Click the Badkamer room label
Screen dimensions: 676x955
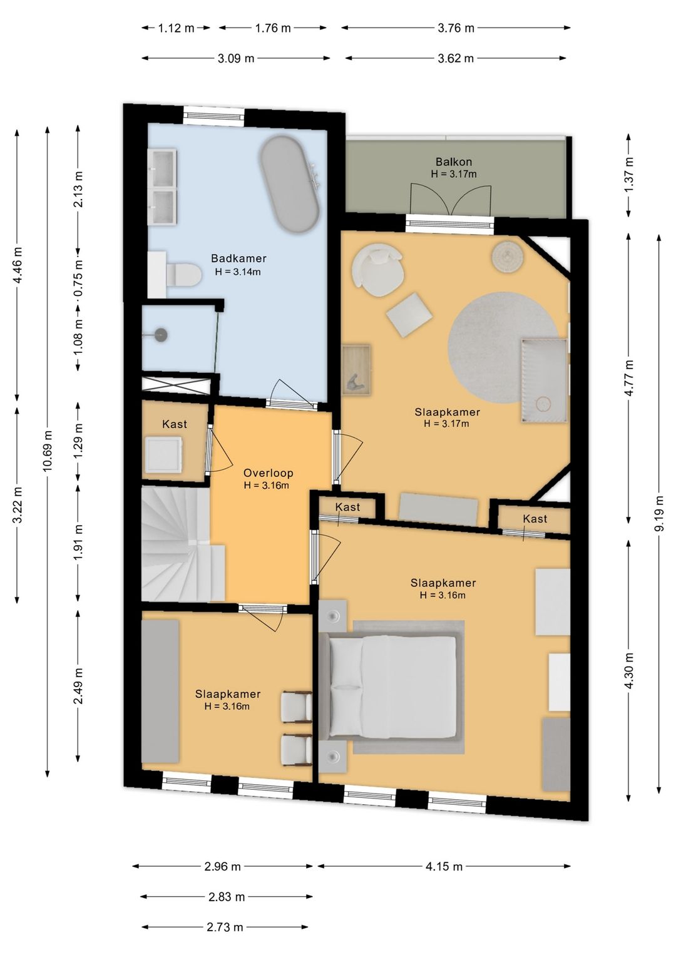click(x=238, y=258)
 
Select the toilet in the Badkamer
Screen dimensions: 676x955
click(x=183, y=274)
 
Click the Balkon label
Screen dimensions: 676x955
click(x=453, y=162)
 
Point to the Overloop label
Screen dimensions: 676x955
click(x=269, y=473)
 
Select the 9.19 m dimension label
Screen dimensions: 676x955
click(x=659, y=513)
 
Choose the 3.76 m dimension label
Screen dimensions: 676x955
click(x=456, y=28)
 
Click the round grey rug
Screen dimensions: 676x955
click(x=504, y=347)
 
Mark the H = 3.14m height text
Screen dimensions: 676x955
click(x=238, y=272)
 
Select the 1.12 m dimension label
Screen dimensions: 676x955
click(x=176, y=28)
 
